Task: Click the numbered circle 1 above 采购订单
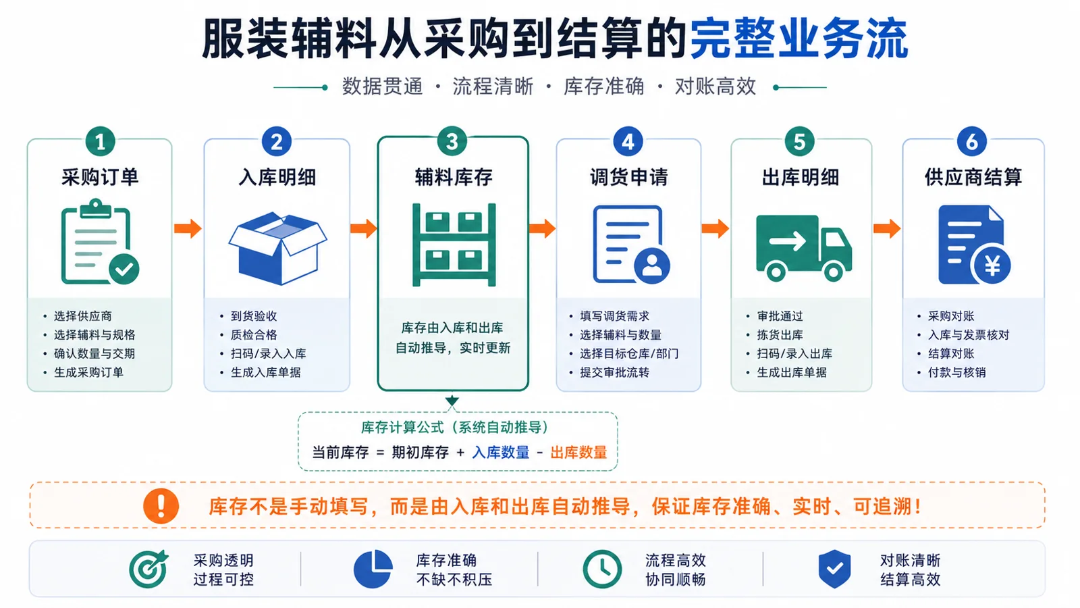(x=100, y=141)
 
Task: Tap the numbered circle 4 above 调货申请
(x=628, y=141)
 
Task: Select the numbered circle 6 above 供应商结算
(x=971, y=141)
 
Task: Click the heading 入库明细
(x=277, y=177)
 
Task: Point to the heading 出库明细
(x=801, y=177)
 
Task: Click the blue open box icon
(x=277, y=248)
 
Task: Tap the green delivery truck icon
(x=804, y=248)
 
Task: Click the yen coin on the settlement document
(x=992, y=265)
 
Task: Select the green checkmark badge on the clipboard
(x=124, y=269)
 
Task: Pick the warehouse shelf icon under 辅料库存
(x=454, y=245)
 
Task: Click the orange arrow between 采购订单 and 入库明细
(x=188, y=228)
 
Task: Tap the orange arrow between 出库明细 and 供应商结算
(x=887, y=228)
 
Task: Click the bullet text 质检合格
(x=254, y=335)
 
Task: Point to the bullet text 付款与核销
(x=956, y=372)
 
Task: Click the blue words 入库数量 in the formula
(x=500, y=453)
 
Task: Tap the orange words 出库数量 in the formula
(x=578, y=453)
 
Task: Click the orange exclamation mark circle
(x=161, y=506)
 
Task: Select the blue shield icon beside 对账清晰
(x=834, y=569)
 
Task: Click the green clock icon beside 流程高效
(x=602, y=569)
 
